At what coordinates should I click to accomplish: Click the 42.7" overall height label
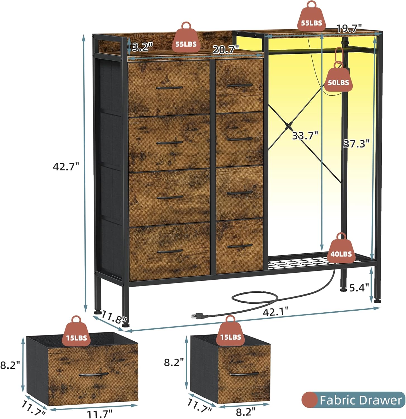tap(66, 167)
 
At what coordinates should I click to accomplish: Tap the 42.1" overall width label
tap(276, 311)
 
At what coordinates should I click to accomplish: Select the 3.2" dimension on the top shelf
tap(143, 47)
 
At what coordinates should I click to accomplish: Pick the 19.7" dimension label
tap(349, 28)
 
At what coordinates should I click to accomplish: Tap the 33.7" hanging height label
tap(305, 136)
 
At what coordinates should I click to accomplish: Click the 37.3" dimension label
tap(357, 144)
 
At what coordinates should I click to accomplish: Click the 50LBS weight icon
tap(338, 81)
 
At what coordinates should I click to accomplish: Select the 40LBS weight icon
tap(341, 252)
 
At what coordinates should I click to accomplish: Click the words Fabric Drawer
tap(360, 400)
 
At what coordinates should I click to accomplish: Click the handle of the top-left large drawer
tap(169, 88)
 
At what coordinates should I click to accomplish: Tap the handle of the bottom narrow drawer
tap(239, 246)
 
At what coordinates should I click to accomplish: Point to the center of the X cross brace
tap(289, 126)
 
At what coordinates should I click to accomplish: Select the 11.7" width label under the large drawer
tap(100, 414)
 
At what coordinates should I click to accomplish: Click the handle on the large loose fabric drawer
tap(94, 374)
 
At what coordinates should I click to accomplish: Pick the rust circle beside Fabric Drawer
tap(310, 400)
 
